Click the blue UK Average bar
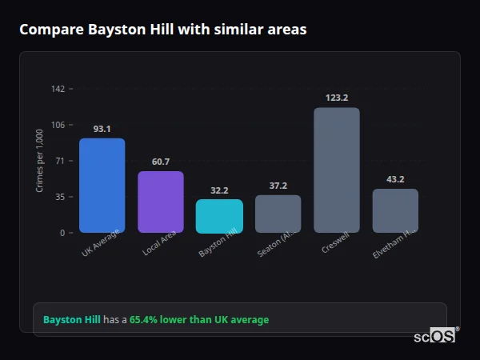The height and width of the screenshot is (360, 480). (x=102, y=186)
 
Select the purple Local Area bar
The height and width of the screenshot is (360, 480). (x=160, y=202)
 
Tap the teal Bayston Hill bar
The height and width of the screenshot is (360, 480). (x=219, y=216)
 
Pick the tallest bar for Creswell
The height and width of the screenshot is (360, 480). (x=336, y=170)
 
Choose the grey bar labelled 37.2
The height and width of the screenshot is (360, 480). (x=278, y=214)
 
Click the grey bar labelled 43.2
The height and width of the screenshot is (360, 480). (x=395, y=210)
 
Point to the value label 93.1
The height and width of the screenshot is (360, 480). (x=102, y=129)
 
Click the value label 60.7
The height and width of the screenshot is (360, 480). (x=160, y=162)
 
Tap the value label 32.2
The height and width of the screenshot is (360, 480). (x=219, y=190)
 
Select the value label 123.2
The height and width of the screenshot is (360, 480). (x=336, y=98)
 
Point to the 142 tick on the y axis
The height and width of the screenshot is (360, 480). (x=58, y=89)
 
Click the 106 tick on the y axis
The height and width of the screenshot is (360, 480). (x=58, y=125)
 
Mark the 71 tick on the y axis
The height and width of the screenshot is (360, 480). (x=59, y=161)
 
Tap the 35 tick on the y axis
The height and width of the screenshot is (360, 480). (x=59, y=197)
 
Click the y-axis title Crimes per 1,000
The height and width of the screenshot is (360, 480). (x=40, y=160)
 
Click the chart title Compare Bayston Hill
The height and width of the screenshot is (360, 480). (x=162, y=30)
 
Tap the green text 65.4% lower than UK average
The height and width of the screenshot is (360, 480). (x=199, y=320)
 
